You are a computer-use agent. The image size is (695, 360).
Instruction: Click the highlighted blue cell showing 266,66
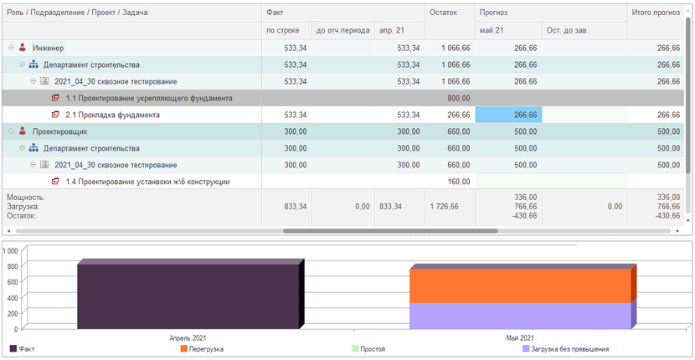click(508, 115)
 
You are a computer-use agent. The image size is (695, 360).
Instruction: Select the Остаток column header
click(444, 13)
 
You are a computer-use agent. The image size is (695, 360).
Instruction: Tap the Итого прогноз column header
click(656, 13)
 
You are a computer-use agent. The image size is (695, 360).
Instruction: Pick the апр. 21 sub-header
click(391, 31)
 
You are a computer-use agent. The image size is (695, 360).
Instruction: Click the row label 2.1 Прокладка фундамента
click(112, 115)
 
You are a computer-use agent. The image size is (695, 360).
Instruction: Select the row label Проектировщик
click(59, 131)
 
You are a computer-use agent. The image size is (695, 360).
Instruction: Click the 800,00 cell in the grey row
click(459, 98)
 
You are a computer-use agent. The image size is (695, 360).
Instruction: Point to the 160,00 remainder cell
click(459, 182)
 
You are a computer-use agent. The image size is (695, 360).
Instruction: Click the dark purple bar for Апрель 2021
click(188, 296)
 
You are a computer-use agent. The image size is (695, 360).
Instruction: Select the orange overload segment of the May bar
click(520, 286)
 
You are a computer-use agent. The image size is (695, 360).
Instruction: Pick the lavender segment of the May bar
click(520, 316)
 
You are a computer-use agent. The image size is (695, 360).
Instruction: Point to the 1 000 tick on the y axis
click(10, 250)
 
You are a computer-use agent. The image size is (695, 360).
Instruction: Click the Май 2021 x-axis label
click(520, 338)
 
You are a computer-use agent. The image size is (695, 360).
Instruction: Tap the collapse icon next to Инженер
click(12, 48)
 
